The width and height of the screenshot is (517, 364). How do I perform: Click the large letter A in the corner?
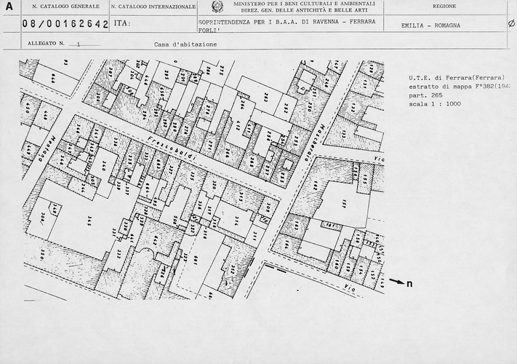click(x=9, y=7)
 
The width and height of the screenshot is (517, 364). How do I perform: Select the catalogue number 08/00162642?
click(x=65, y=24)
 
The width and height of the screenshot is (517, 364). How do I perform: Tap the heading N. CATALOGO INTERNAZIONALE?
click(x=153, y=7)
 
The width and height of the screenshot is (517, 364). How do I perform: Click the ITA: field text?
click(x=122, y=24)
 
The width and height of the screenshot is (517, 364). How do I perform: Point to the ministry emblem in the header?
click(x=217, y=7)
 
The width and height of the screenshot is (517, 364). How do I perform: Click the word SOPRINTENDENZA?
click(x=223, y=24)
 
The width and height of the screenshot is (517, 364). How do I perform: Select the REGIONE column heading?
click(x=444, y=7)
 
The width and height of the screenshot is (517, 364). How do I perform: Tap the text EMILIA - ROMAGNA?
click(x=430, y=25)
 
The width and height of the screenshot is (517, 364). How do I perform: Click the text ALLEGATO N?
click(x=47, y=44)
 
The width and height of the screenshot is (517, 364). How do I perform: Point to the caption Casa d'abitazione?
click(x=185, y=44)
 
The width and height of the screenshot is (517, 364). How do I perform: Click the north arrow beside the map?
click(x=396, y=281)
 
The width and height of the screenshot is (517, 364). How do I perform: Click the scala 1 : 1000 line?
click(x=435, y=103)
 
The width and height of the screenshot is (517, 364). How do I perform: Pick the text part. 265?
click(x=425, y=95)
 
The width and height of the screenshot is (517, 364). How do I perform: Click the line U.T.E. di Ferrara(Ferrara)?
click(x=451, y=77)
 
